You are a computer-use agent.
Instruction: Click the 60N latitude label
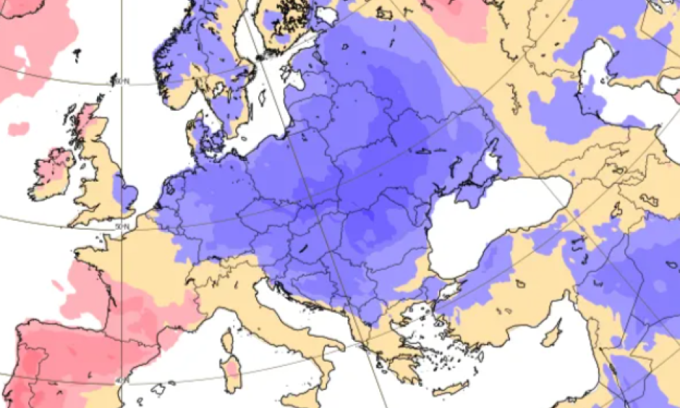click(122, 82)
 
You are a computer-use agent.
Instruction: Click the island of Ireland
click(52, 172)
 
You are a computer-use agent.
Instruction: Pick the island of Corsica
click(226, 340)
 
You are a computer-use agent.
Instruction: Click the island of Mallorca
click(159, 389)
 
